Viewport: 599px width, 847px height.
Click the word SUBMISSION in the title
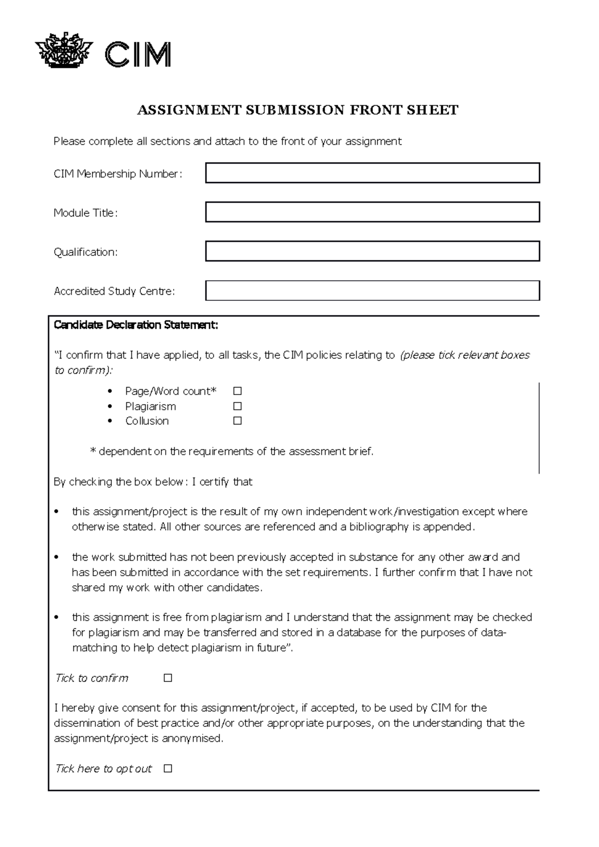[295, 110]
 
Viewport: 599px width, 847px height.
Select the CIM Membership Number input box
[372, 173]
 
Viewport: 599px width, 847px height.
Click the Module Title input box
[372, 212]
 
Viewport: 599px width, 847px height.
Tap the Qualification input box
[372, 251]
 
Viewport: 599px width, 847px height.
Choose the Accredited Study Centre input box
[372, 291]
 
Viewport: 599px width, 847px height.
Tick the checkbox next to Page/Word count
[238, 391]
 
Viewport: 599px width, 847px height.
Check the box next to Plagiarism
[238, 406]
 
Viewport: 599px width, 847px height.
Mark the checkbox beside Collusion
[238, 421]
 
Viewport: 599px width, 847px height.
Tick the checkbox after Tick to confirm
[168, 678]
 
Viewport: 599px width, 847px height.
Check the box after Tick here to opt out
[168, 769]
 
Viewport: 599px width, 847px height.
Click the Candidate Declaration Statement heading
[136, 325]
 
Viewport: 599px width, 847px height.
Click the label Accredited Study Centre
[114, 291]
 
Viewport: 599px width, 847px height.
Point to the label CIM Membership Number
[118, 174]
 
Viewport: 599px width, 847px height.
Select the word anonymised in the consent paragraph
[192, 738]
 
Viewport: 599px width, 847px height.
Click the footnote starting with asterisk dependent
[232, 451]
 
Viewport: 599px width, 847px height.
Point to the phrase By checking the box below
[118, 482]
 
